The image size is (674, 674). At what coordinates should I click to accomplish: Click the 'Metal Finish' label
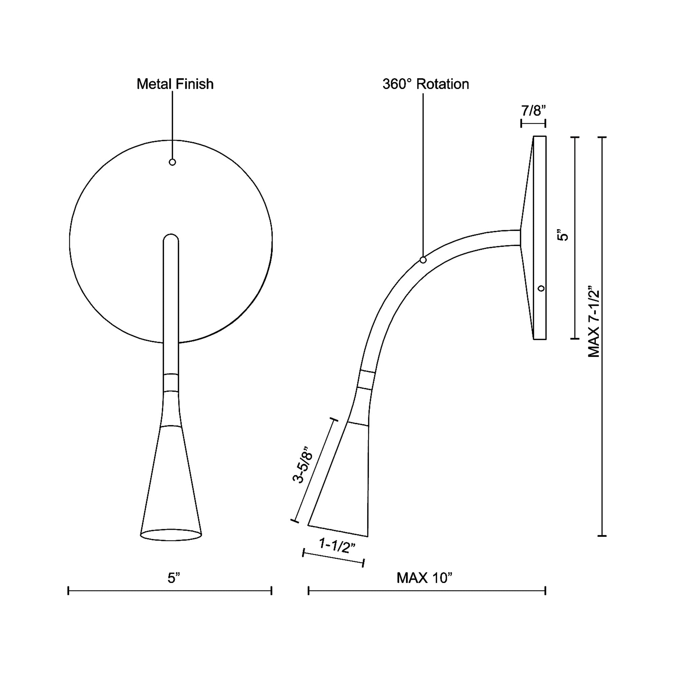tap(175, 84)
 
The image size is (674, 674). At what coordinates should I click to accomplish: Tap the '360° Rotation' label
tap(426, 84)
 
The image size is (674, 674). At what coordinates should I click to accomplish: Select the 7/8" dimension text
tap(533, 111)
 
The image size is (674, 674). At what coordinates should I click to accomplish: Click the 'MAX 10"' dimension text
tap(424, 578)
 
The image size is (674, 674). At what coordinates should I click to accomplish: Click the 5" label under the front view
tap(173, 578)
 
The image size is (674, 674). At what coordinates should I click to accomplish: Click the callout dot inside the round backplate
tap(172, 162)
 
